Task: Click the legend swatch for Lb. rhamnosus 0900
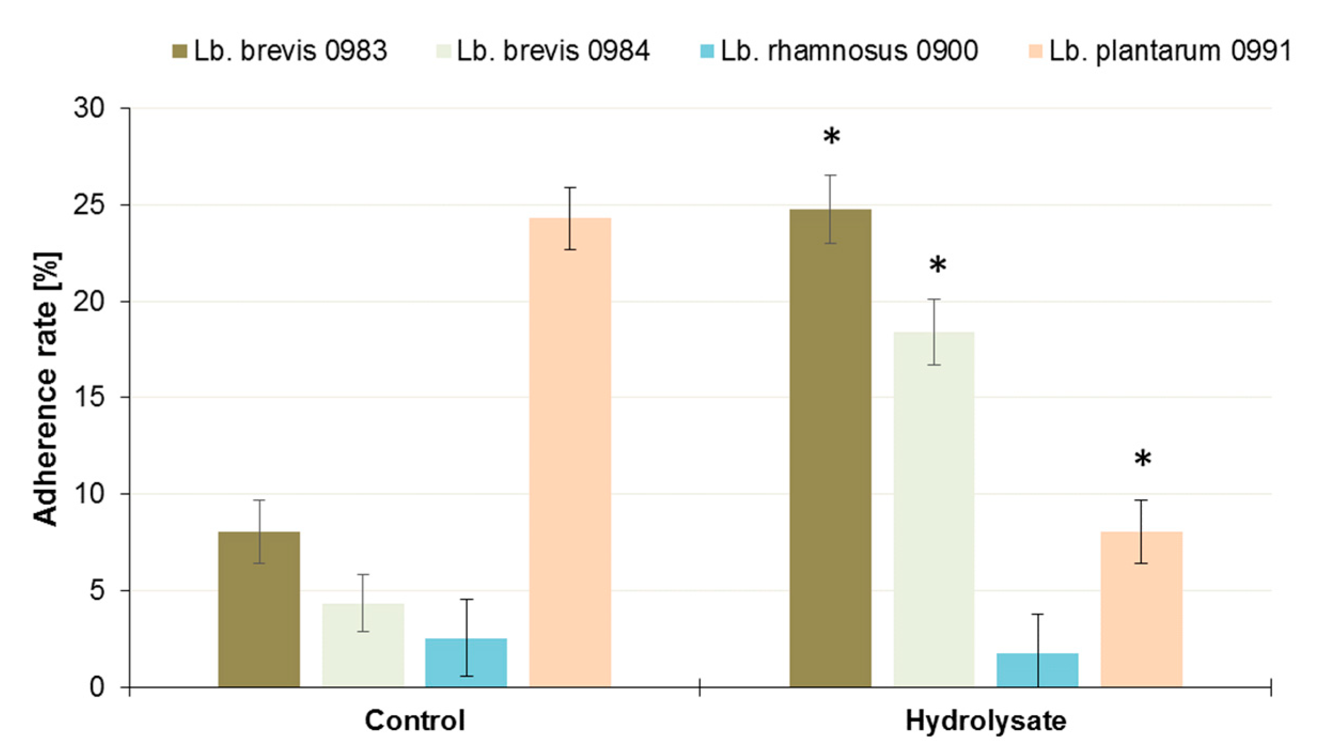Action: [x=707, y=51]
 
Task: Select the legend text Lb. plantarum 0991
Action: [x=1170, y=51]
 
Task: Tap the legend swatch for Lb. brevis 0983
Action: [x=179, y=51]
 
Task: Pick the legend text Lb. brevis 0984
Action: [x=553, y=51]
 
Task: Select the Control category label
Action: [x=414, y=720]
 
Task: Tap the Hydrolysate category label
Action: [x=985, y=721]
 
